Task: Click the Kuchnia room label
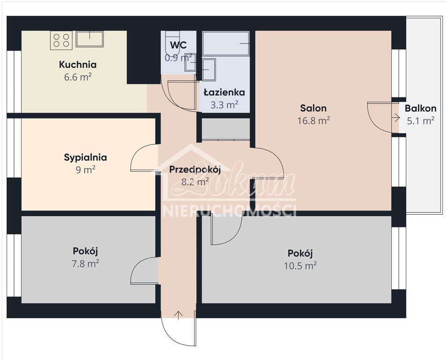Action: point(78,65)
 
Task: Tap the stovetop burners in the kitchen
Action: point(61,40)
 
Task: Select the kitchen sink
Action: point(89,39)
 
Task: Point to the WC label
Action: point(179,45)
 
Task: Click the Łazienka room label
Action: point(224,93)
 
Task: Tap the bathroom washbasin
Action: point(209,69)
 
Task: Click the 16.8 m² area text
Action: point(313,121)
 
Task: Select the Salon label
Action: point(313,109)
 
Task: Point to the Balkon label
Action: point(421,109)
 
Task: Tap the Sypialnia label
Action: point(85,157)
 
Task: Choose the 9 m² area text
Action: point(86,170)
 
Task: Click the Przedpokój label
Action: point(195,170)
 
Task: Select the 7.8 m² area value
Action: point(85,263)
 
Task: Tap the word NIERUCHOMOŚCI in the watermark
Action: point(230,210)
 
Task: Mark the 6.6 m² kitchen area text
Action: point(78,77)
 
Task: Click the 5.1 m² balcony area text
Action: point(421,121)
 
